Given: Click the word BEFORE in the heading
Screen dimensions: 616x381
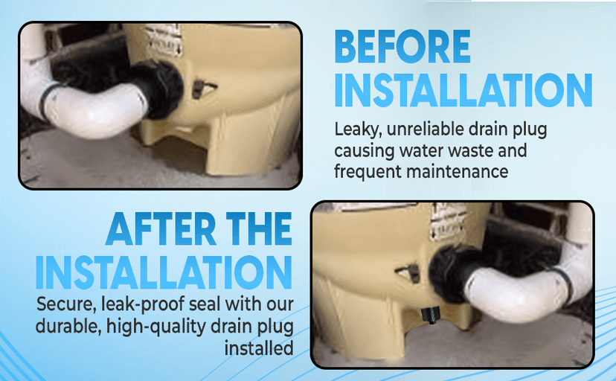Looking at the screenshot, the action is pos(402,46).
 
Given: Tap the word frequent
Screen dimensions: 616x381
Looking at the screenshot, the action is pos(367,173).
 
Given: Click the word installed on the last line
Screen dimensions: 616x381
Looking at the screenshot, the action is pos(259,348).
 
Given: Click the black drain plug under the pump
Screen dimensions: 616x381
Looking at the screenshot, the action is pos(429,316).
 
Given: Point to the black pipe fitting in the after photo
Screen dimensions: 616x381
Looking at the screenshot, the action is pos(452,274).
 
